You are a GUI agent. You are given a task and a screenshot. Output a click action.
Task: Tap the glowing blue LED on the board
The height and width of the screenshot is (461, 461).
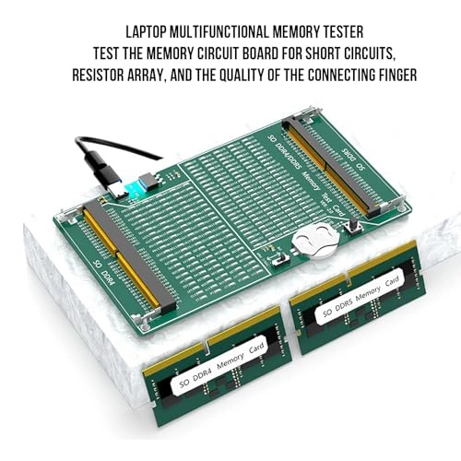[x=135, y=188]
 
